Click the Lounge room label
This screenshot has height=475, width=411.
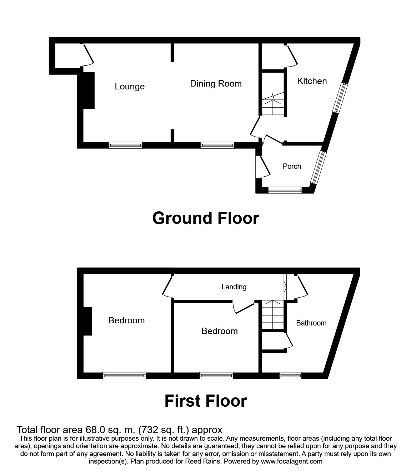click(130, 87)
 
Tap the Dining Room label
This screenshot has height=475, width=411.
click(216, 84)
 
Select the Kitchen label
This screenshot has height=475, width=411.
click(312, 81)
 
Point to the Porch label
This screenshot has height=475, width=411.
click(292, 166)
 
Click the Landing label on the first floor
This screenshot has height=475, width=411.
click(234, 287)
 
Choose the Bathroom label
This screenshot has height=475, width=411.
click(311, 323)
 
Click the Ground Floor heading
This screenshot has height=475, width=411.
click(205, 218)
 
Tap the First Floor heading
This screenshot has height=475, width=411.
click(205, 401)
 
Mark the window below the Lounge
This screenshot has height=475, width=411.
click(125, 145)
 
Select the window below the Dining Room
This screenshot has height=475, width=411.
click(217, 145)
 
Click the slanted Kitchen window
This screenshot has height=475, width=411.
click(340, 98)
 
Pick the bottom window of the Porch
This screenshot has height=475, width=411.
click(285, 190)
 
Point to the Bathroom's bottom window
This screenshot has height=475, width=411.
click(290, 375)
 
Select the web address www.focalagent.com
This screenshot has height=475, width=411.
click(292, 461)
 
